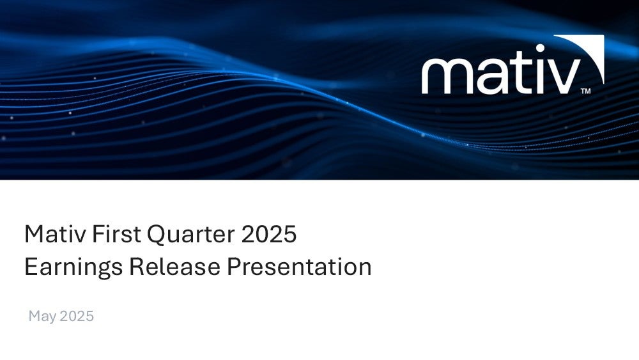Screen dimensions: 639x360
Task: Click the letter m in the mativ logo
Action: click(446, 76)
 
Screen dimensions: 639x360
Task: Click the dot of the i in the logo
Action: click(541, 49)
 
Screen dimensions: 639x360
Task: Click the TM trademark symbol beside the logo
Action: click(585, 91)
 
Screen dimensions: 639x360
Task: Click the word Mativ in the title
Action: click(55, 234)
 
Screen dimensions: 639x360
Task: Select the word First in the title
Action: click(116, 234)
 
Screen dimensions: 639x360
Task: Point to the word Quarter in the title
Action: click(190, 235)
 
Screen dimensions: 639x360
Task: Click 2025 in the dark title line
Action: click(269, 234)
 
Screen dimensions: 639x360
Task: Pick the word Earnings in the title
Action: click(73, 268)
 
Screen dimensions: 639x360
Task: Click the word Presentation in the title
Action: click(299, 267)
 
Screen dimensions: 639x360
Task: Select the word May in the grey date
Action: click(42, 317)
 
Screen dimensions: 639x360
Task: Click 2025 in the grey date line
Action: click(77, 316)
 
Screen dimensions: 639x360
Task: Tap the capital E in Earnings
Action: click(31, 267)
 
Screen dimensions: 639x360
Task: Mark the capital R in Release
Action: click(137, 267)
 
